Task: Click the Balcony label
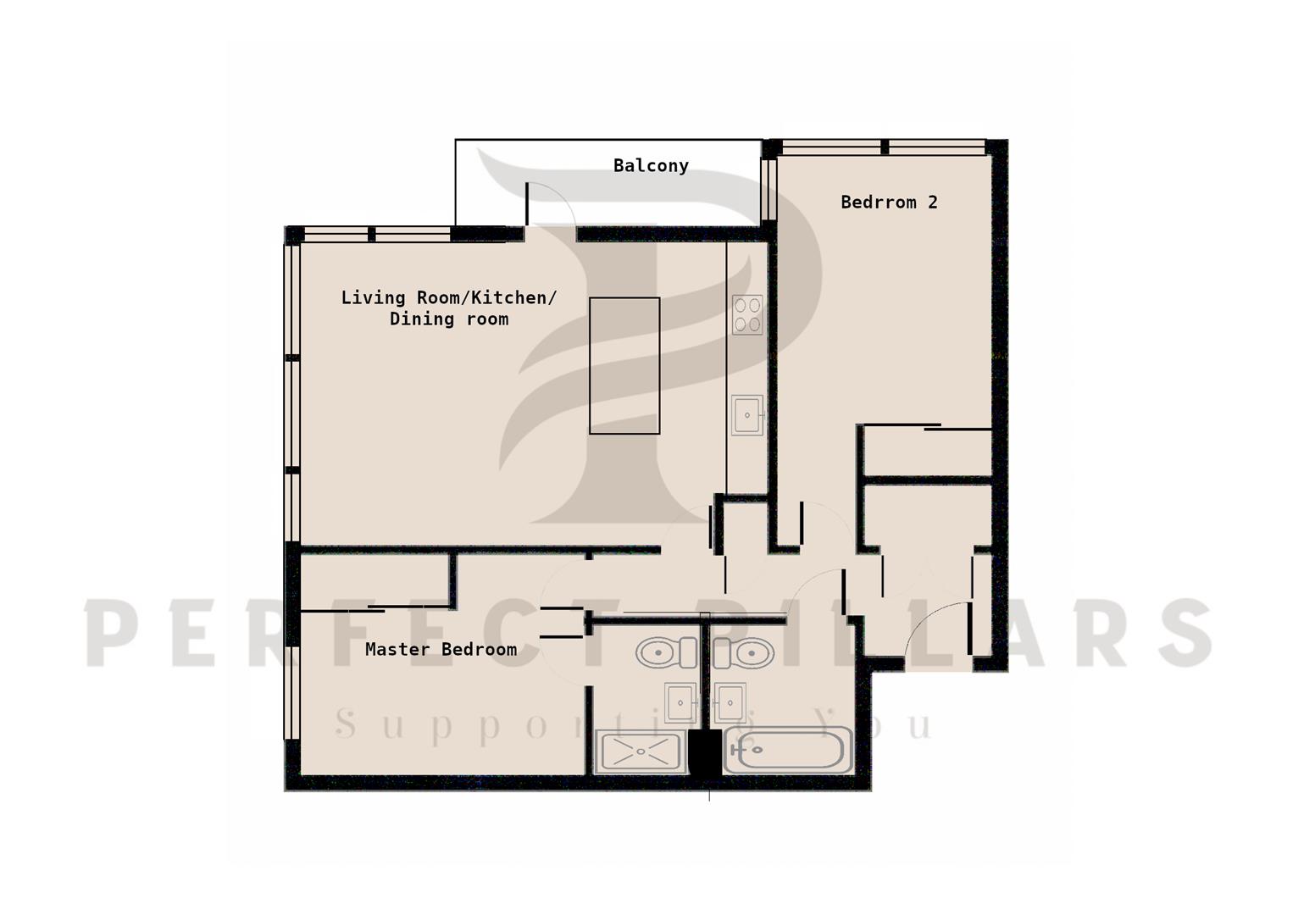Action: [x=651, y=166]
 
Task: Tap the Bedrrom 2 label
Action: [x=889, y=202]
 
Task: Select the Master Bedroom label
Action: [x=441, y=649]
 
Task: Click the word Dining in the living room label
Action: [x=422, y=319]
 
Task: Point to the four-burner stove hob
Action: [x=747, y=314]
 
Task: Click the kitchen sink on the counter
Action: [x=747, y=415]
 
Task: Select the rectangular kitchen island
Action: [x=624, y=366]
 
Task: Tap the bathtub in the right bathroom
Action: [x=788, y=750]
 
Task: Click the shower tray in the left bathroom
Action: [x=641, y=751]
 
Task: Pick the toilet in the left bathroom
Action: [x=666, y=652]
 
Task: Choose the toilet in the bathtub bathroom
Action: [x=743, y=652]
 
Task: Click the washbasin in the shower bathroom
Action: [x=680, y=702]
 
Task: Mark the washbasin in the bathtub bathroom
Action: [x=730, y=702]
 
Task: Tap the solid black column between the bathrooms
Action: [x=704, y=755]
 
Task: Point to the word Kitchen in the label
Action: [x=513, y=297]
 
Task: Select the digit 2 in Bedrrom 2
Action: [x=933, y=202]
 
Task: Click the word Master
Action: [x=397, y=649]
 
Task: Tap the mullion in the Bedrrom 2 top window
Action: [x=885, y=147]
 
